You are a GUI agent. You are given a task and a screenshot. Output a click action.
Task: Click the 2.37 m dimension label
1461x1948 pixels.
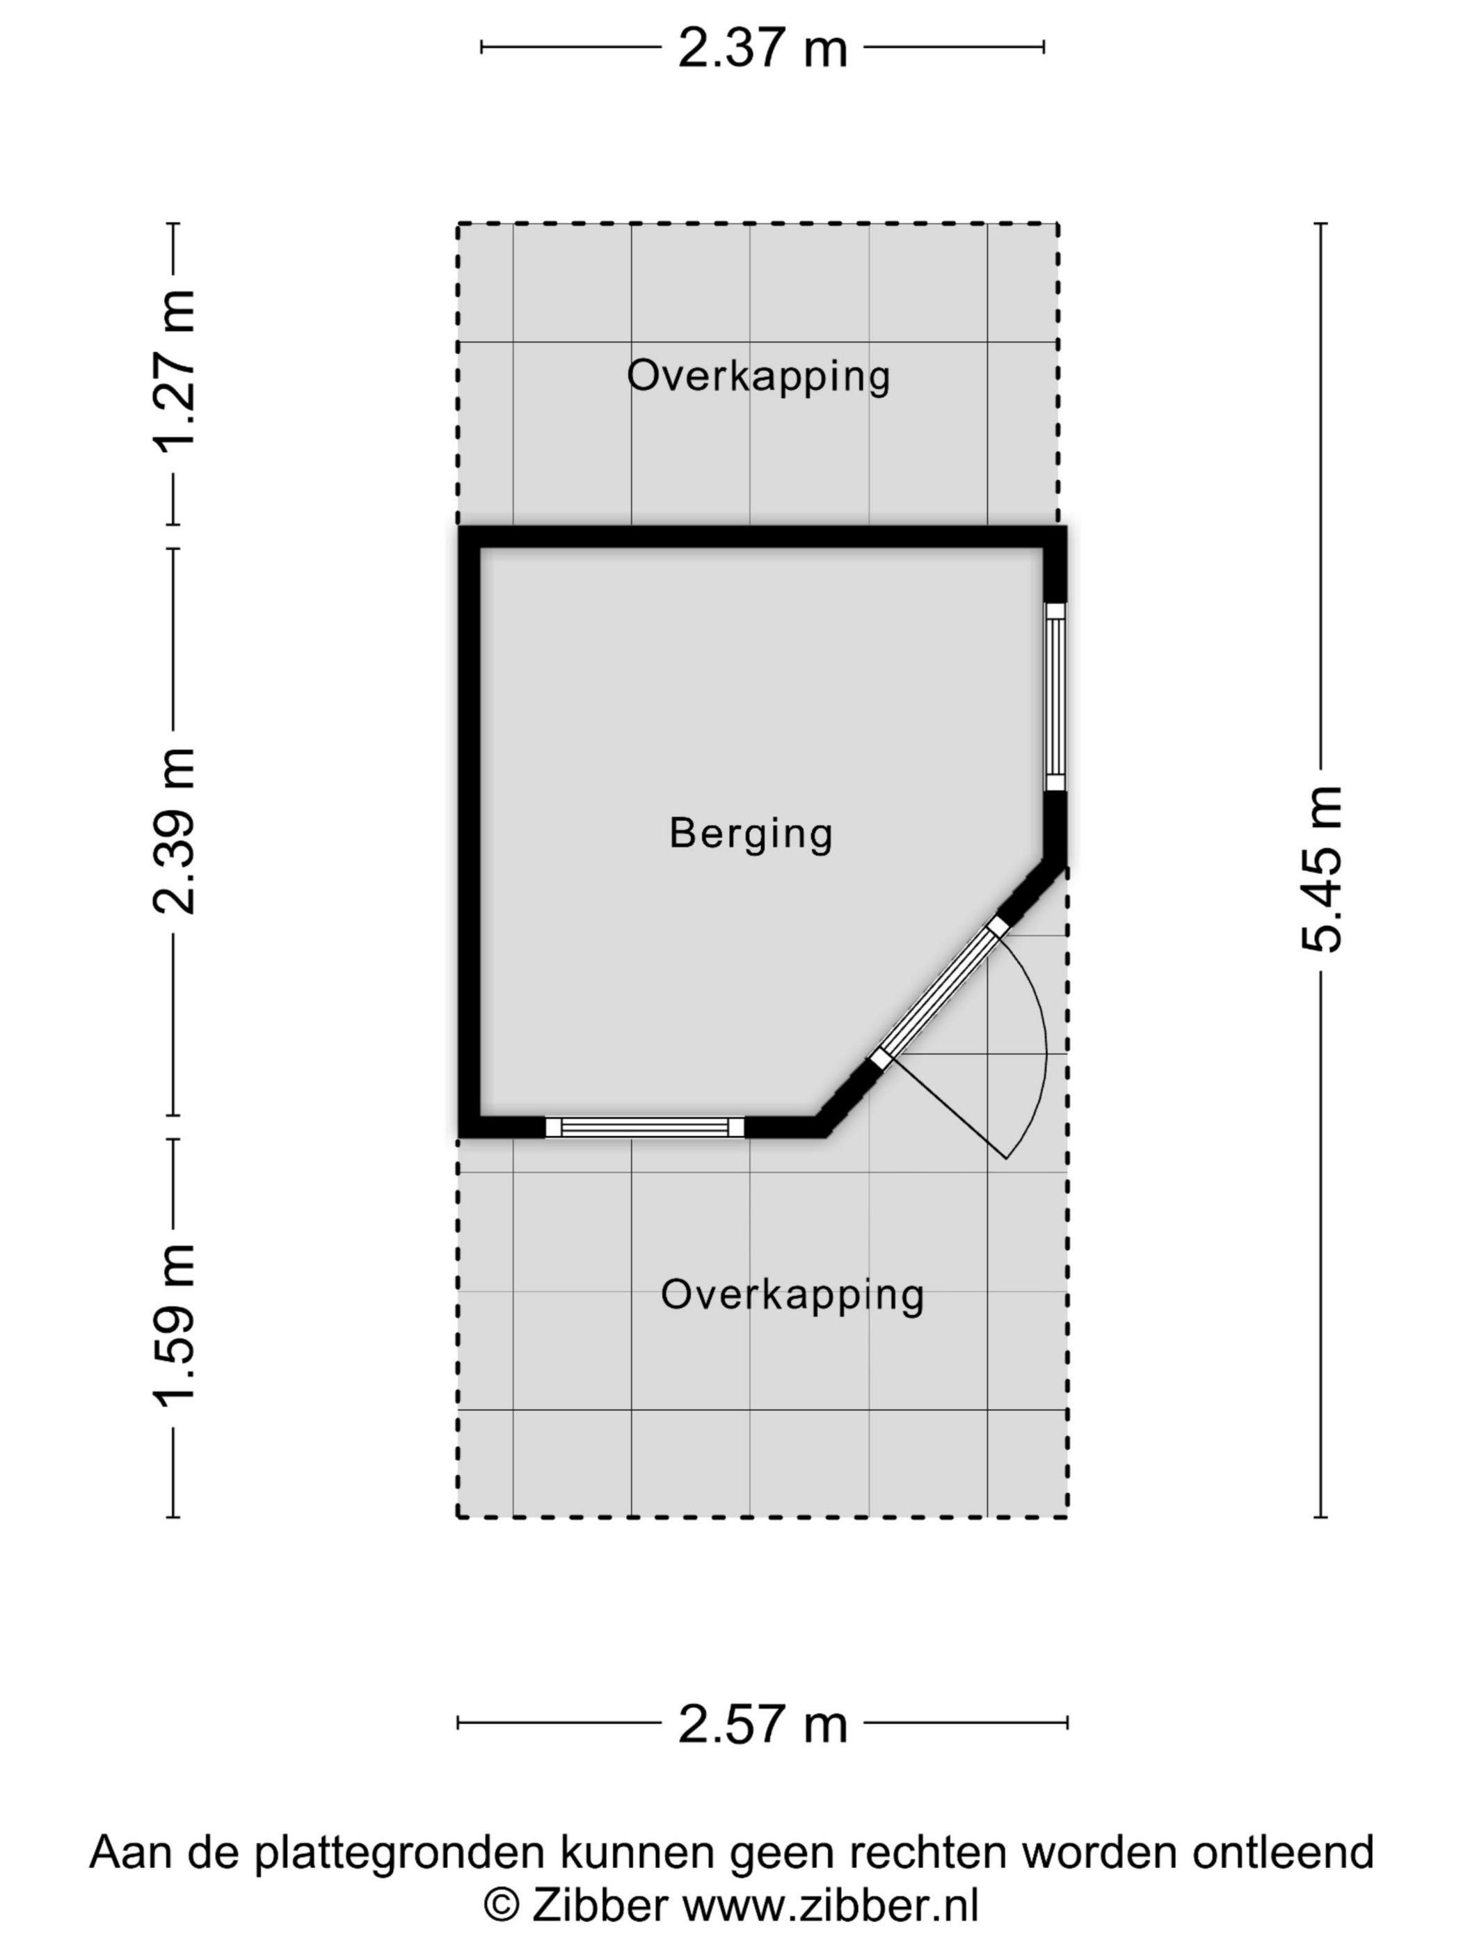click(762, 49)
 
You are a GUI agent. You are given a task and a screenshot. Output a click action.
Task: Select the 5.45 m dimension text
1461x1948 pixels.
click(1321, 869)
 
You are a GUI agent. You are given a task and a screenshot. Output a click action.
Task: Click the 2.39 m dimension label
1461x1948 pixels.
click(173, 831)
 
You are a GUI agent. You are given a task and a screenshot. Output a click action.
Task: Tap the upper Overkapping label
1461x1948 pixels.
click(758, 377)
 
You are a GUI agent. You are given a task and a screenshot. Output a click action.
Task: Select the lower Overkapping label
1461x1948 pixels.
click(792, 1295)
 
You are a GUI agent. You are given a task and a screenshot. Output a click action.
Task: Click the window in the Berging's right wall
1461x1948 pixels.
click(1055, 696)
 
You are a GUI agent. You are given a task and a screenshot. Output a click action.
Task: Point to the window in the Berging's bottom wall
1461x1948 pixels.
click(645, 1127)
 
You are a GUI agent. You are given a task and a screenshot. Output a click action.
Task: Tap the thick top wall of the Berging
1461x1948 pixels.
click(763, 537)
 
